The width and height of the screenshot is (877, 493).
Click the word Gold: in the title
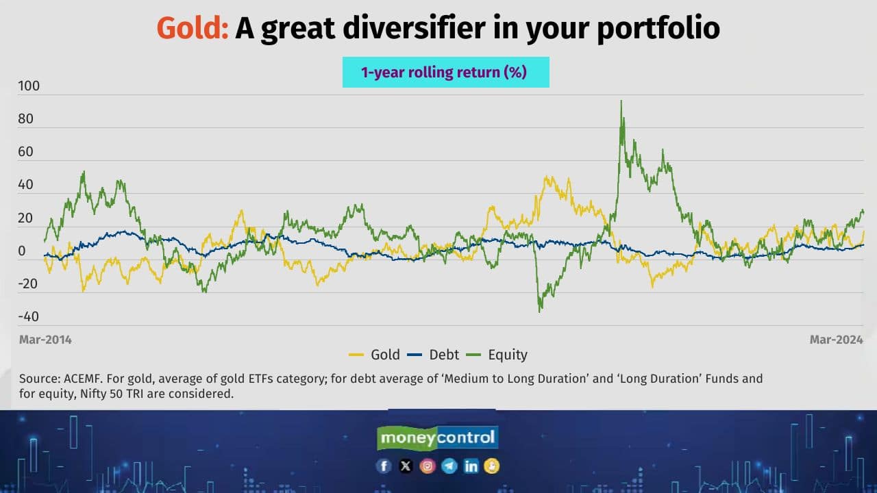point(192,28)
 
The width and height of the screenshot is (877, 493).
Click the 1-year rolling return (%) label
point(445,72)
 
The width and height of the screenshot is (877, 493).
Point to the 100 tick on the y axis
point(29,86)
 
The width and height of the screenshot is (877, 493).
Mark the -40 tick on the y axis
point(29,317)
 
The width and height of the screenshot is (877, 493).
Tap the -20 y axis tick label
point(29,284)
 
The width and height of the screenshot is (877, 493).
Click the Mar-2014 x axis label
point(45,340)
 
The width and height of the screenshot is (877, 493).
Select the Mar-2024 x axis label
point(832,340)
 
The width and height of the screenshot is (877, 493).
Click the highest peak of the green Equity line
point(621,101)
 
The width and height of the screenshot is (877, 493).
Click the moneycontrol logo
point(438,438)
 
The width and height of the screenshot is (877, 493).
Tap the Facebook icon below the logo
point(384,466)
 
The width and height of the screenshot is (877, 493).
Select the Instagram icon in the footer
point(428,466)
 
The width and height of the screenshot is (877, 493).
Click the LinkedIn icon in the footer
point(471,466)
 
